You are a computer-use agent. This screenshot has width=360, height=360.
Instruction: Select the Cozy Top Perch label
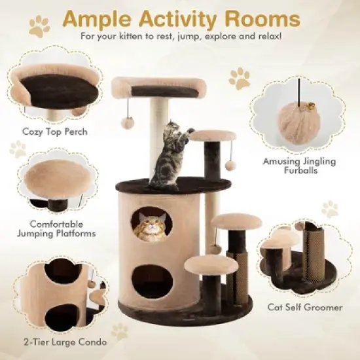(x=54, y=132)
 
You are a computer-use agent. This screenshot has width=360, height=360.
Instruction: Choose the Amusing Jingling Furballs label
(x=291, y=164)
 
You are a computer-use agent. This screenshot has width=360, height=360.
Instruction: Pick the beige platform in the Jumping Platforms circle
(x=56, y=178)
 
